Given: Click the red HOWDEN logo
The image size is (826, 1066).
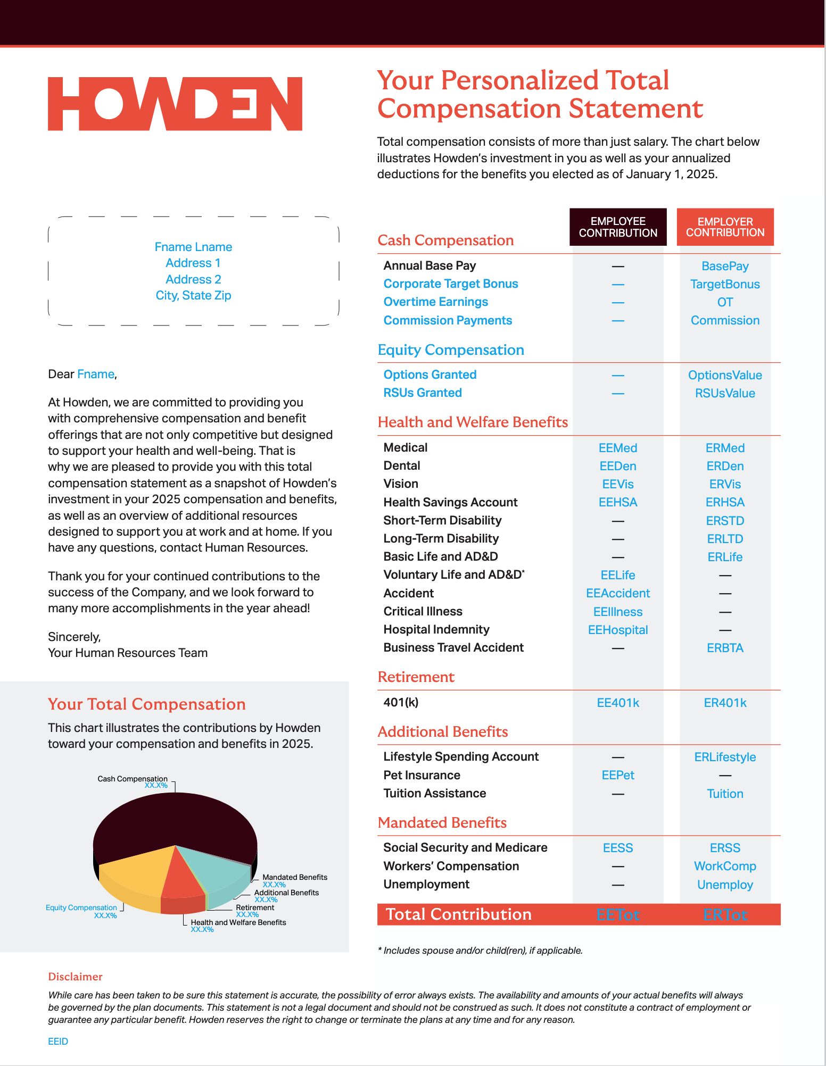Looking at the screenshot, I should point(175,104).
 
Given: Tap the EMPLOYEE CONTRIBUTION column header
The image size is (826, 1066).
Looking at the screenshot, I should point(618,227).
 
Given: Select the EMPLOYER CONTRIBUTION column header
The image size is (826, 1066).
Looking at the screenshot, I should point(725,227).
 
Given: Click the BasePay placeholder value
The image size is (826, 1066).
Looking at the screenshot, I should point(725,266).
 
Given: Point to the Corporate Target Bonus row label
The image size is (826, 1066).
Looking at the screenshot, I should point(451,284).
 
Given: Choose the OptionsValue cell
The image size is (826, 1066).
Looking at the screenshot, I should point(725,375).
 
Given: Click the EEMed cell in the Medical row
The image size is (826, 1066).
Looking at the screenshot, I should point(618,448).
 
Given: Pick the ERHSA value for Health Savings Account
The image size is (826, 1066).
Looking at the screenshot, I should point(725,502).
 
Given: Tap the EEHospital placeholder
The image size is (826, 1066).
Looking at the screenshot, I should point(618,630).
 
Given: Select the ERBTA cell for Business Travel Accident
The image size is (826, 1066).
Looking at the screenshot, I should point(725,648).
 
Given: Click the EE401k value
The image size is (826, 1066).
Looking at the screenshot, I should point(618,703).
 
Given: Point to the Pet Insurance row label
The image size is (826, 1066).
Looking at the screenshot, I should point(422,775).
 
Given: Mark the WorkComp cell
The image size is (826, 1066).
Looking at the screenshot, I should point(725,866).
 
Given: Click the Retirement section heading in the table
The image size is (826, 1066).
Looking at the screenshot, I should point(416,677).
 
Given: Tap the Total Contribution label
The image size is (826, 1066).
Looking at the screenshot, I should point(458,914).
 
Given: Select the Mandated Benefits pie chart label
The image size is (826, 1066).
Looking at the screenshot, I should point(294,877).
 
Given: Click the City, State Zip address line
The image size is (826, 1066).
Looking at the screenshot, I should point(193,295).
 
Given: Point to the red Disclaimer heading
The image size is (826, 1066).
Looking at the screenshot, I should point(75,977).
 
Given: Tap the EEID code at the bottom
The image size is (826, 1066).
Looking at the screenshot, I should point(58,1042).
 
